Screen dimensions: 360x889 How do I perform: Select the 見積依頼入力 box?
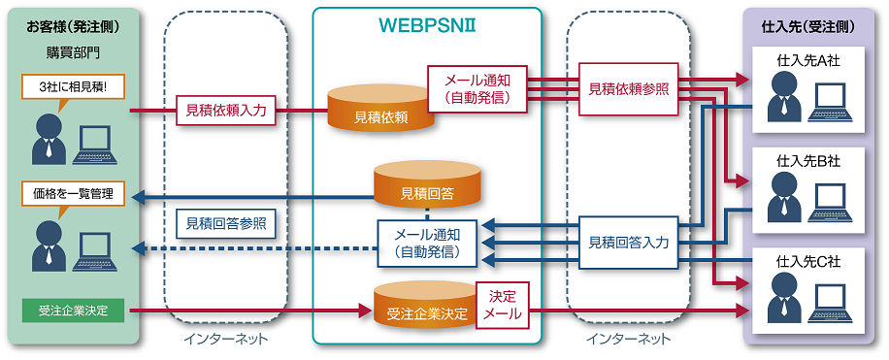point(226,111)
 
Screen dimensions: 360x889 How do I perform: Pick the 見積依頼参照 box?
point(629,88)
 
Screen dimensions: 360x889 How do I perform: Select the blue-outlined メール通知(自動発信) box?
point(427,243)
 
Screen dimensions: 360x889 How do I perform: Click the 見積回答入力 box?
point(629,243)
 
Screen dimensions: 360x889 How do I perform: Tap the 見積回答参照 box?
point(226,223)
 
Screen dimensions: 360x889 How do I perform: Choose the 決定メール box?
point(503,305)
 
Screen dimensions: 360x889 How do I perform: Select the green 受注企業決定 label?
point(74,311)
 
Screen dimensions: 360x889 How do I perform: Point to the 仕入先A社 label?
point(812,60)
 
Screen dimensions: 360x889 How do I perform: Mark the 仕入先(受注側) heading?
point(813,24)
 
